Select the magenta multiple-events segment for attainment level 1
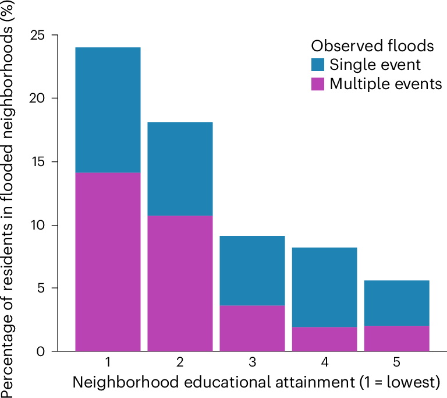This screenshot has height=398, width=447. point(108,262)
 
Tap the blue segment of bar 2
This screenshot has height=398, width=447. point(180,168)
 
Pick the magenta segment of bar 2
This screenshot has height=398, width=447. point(180,283)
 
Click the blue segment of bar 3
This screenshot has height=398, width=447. point(252,270)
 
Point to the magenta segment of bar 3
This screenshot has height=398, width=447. point(252,328)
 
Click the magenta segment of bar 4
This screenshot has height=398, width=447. point(324,339)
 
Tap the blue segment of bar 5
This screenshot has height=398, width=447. point(396,303)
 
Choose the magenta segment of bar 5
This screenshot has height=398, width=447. point(396,339)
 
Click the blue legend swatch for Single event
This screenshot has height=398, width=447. point(318,65)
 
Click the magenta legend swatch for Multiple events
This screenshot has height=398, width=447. point(318,84)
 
